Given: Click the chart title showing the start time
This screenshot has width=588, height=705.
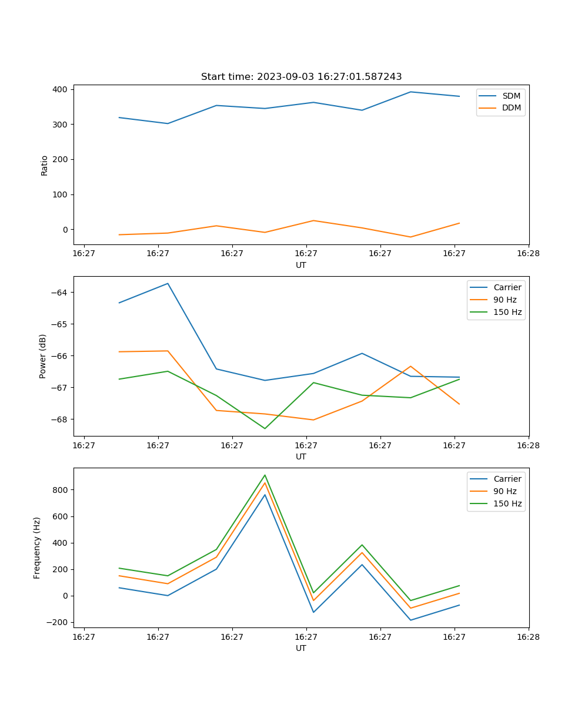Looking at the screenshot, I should (301, 77).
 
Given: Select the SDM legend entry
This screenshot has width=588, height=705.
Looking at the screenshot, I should (511, 96).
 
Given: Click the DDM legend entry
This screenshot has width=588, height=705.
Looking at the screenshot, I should (511, 108).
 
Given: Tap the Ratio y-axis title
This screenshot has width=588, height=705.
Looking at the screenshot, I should (45, 165).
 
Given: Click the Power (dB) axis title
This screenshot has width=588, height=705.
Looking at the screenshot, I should (43, 357).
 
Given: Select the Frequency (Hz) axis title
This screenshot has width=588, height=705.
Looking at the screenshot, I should (37, 548).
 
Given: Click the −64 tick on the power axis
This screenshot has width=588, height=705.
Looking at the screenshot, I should (60, 293).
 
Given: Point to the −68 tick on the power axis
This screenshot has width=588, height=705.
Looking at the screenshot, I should (60, 419).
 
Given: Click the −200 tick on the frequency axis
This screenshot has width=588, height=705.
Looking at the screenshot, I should (58, 623).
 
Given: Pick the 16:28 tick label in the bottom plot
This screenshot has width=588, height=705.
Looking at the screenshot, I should (528, 637).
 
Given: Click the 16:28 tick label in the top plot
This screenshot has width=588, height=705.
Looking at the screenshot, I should (528, 254).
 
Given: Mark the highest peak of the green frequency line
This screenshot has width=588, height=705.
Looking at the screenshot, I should (265, 475).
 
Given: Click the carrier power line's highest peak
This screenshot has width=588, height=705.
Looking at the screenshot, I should (168, 283).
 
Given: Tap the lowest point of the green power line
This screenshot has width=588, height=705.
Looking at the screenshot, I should (265, 428).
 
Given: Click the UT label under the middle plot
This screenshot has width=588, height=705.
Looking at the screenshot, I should (301, 456).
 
